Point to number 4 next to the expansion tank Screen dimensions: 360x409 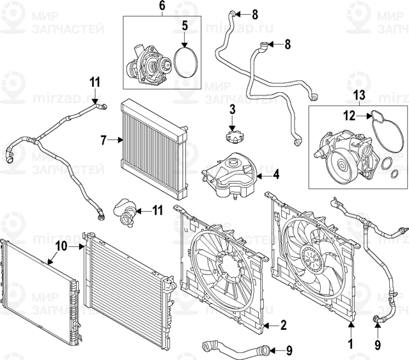(x=277, y=174)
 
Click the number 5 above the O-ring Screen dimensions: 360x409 (x=185, y=27)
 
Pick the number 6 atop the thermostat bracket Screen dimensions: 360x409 (x=161, y=6)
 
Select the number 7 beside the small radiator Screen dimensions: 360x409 (x=102, y=139)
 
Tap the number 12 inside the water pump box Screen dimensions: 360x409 (x=347, y=116)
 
